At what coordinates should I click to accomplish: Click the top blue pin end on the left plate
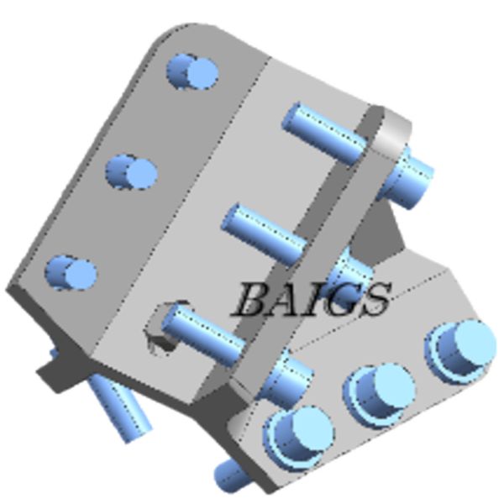pos(194,71)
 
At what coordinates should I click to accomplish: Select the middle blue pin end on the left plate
pos(132,172)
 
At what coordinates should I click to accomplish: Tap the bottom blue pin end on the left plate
pos(71,273)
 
